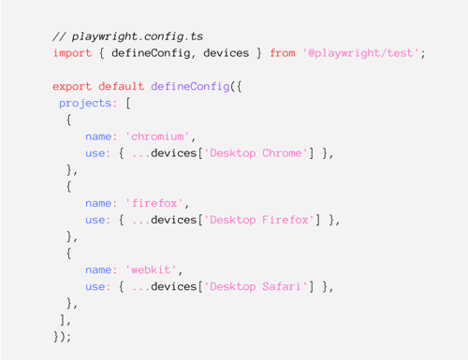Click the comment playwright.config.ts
click(128, 36)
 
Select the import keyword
click(72, 53)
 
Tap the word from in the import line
click(283, 53)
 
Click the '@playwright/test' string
click(360, 53)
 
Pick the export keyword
click(72, 87)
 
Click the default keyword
click(122, 86)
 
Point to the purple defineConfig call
click(190, 86)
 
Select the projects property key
click(85, 103)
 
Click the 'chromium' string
click(157, 137)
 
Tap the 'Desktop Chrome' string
click(256, 153)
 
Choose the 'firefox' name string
click(154, 203)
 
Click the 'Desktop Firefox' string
click(259, 220)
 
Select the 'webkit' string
click(151, 269)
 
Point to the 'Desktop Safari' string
click(256, 286)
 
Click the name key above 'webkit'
click(98, 270)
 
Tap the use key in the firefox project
click(95, 220)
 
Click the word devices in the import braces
click(227, 53)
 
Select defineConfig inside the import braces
click(151, 53)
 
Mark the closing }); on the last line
click(62, 337)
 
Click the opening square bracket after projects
click(128, 103)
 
